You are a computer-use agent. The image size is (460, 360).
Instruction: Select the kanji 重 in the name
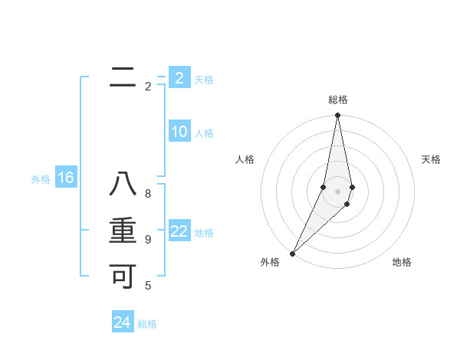(123, 231)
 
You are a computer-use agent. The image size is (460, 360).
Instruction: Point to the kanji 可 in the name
(123, 276)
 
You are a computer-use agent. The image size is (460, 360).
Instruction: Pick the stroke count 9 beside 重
(148, 239)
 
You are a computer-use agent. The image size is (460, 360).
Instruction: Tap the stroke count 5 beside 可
(148, 286)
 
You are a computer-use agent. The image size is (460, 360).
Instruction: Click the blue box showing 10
(179, 132)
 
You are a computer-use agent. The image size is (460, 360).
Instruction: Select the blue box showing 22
(179, 231)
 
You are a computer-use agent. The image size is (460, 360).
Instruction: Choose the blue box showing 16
(66, 178)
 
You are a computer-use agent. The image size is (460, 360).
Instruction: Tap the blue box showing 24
(123, 322)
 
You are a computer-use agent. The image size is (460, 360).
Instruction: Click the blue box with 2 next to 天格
(179, 77)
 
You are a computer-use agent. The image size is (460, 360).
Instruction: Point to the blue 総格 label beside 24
(147, 324)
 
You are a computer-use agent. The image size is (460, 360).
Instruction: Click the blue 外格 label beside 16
(41, 180)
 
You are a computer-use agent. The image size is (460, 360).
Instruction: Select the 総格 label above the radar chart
(337, 100)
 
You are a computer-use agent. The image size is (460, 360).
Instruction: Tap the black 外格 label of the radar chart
(270, 262)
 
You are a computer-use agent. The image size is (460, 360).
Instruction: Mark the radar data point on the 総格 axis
(337, 116)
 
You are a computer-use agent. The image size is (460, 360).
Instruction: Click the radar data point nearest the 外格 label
(293, 253)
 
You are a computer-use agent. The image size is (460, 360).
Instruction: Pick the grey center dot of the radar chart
(337, 191)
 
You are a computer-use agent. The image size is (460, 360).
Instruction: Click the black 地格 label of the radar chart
(402, 262)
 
